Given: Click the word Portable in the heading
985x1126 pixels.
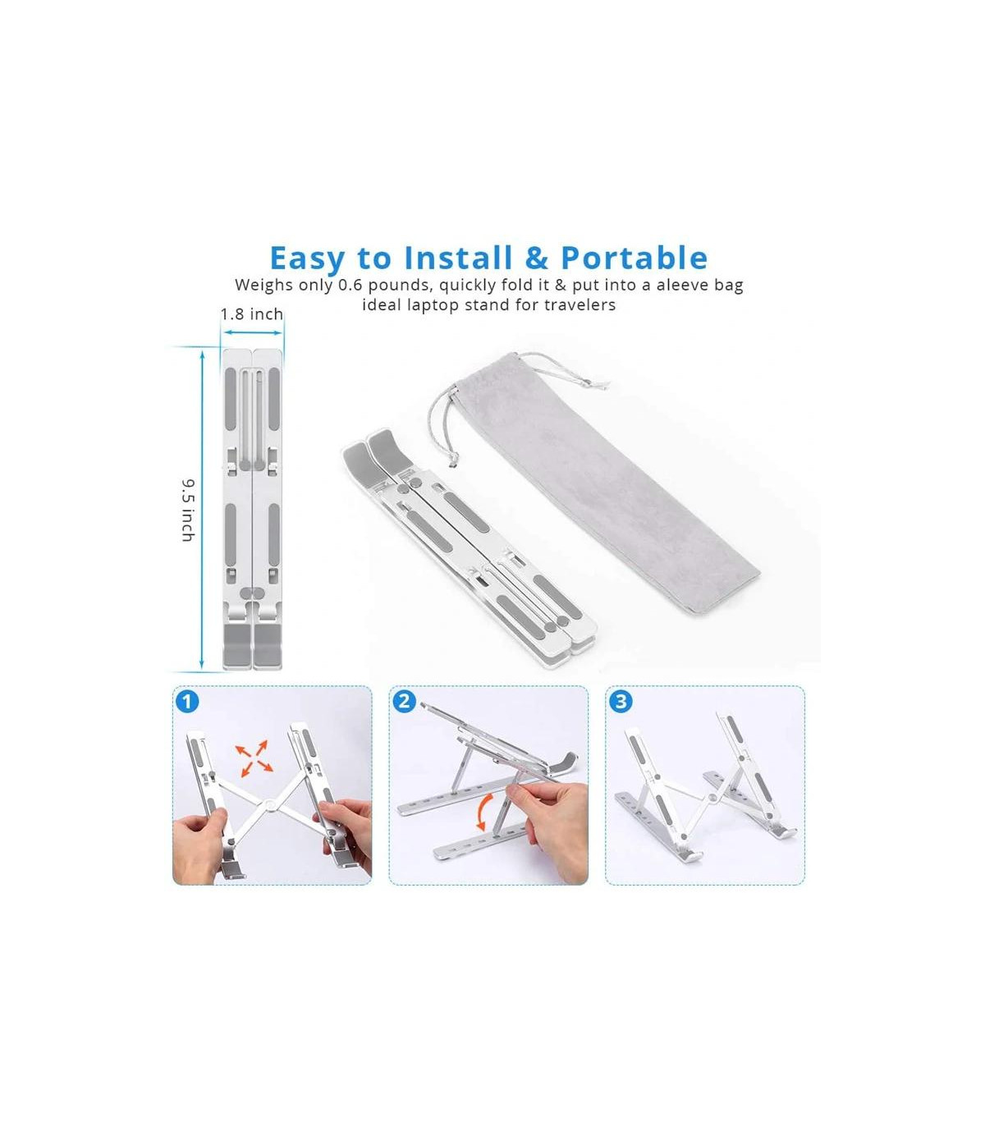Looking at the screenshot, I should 634,258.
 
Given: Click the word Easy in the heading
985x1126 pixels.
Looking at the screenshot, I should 307,259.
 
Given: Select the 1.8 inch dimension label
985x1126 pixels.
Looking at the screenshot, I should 251,314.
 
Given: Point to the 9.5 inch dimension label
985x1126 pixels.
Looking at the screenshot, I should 188,510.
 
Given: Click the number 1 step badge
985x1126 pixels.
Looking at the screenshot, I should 188,702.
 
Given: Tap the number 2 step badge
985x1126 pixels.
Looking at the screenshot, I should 404,702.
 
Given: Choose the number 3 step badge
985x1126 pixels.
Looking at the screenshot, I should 621,702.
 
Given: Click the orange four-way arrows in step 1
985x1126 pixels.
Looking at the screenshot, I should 254,757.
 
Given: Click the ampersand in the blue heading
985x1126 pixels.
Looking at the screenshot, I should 536,258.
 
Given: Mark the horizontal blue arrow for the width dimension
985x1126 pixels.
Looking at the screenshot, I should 252,332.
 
